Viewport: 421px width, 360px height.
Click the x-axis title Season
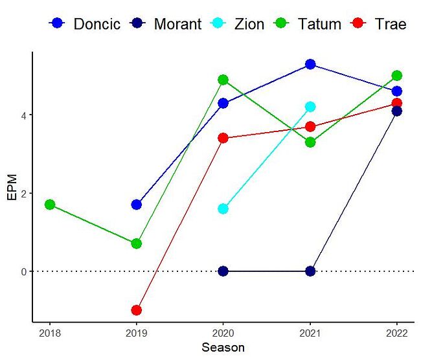coord(223,348)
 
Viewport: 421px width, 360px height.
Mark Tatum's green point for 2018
coord(49,205)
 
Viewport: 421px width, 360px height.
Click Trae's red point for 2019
coord(136,310)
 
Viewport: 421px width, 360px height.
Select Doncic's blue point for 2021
coord(310,64)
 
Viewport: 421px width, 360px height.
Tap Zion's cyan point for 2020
coord(223,208)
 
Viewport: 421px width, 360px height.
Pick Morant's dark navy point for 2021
coord(310,271)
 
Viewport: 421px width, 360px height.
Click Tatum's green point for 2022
coord(397,76)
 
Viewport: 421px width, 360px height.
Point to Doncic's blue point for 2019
coord(136,205)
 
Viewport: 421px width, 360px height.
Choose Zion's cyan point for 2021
coord(310,107)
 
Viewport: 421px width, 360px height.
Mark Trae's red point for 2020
coord(223,138)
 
